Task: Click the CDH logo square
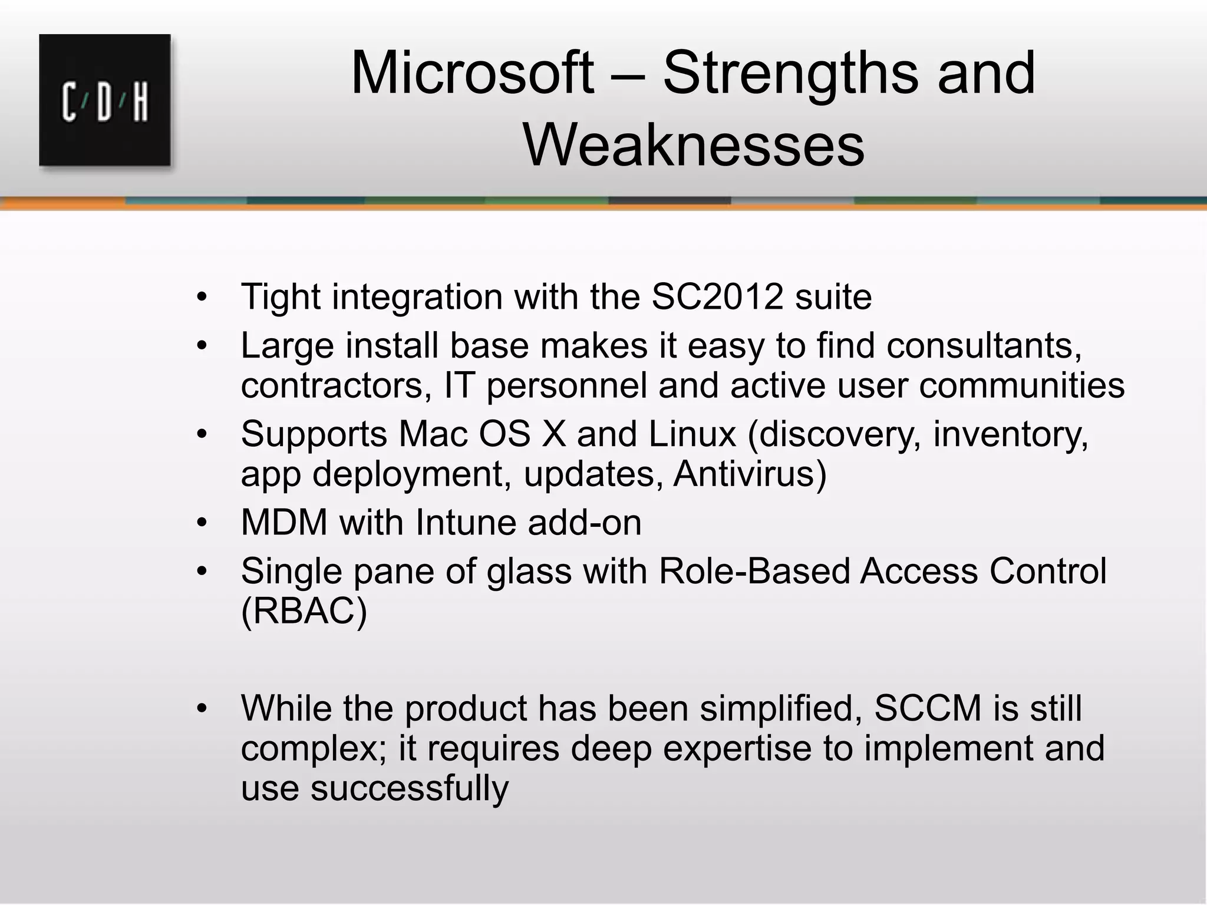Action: point(105,100)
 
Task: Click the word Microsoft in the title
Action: point(471,74)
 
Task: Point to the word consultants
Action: point(984,345)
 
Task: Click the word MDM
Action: point(284,523)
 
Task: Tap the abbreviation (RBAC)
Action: point(304,611)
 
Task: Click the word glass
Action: point(529,572)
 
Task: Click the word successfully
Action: point(409,788)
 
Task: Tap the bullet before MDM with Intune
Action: point(202,523)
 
